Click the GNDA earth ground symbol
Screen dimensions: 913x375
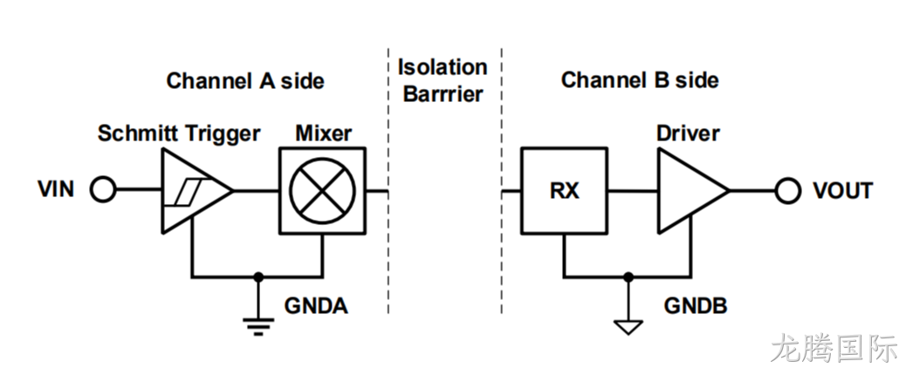click(258, 326)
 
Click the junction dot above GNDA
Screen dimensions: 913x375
click(258, 276)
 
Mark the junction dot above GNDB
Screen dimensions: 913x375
click(628, 276)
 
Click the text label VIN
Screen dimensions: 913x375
click(56, 189)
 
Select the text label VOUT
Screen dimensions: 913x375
click(843, 190)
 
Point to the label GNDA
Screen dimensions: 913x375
click(316, 306)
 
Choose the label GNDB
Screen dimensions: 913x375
click(696, 306)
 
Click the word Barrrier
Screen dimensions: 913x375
click(443, 94)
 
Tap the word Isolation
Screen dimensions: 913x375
click(443, 67)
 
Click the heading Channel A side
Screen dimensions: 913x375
click(245, 81)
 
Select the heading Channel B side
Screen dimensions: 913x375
click(640, 80)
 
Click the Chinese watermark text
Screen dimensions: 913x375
click(834, 349)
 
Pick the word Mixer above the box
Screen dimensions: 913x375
click(324, 133)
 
